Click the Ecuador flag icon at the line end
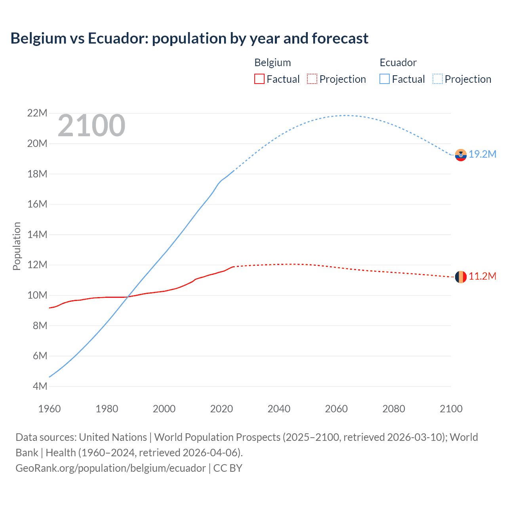click(461, 155)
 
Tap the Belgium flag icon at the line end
click(461, 277)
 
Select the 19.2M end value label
click(482, 154)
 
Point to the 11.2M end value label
click(482, 276)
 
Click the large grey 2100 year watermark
click(91, 126)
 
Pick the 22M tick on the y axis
click(37, 113)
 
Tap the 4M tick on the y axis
click(40, 386)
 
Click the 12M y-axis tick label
click(37, 265)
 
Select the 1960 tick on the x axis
click(50, 409)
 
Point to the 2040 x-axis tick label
click(279, 409)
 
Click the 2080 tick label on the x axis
click(394, 409)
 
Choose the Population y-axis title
click(17, 246)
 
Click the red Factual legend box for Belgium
click(259, 79)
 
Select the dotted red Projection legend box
click(312, 79)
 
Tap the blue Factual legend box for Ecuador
click(385, 79)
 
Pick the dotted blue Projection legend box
click(438, 79)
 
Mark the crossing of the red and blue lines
click(128, 297)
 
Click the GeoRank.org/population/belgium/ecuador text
click(111, 468)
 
